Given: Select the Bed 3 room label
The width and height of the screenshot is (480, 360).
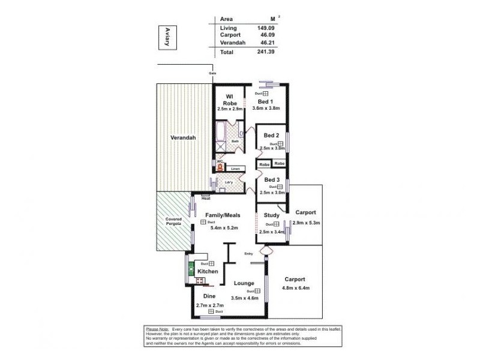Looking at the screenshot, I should pos(272,179).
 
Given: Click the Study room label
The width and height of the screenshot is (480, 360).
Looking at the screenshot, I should pos(272,215).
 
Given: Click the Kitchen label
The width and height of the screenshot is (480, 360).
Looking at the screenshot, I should pos(208,272).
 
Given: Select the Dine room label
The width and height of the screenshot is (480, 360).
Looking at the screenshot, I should pos(209,296).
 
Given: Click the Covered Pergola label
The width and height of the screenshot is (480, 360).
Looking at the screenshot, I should pos(174,222).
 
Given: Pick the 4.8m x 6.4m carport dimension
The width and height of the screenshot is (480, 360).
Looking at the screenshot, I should pos(295,288).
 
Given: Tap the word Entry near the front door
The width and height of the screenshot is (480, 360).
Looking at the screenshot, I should pos(248,254).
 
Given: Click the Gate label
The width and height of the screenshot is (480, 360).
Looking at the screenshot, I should pos(212,74).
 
